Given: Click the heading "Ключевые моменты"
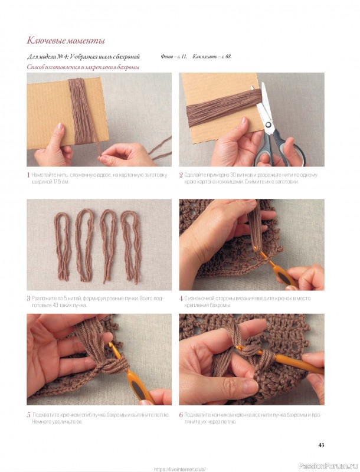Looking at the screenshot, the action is [66, 41].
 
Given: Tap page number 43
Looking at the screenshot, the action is [321, 445].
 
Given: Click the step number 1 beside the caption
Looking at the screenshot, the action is [28, 175].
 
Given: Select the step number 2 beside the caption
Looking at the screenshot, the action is [181, 175].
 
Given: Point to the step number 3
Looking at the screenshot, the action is [28, 299].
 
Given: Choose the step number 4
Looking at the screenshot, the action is [181, 299].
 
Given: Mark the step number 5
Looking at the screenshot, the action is [28, 415].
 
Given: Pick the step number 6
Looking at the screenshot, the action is [181, 415].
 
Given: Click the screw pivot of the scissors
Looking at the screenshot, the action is [268, 124].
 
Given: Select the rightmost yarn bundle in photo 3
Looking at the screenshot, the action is [131, 246].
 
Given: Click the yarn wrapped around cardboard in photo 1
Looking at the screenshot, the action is [80, 111].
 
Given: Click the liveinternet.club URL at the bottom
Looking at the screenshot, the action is [180, 469].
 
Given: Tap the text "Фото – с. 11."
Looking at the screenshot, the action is [174, 57].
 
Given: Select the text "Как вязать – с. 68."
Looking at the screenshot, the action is [212, 57].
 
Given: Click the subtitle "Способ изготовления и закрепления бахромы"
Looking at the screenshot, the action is [83, 67].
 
